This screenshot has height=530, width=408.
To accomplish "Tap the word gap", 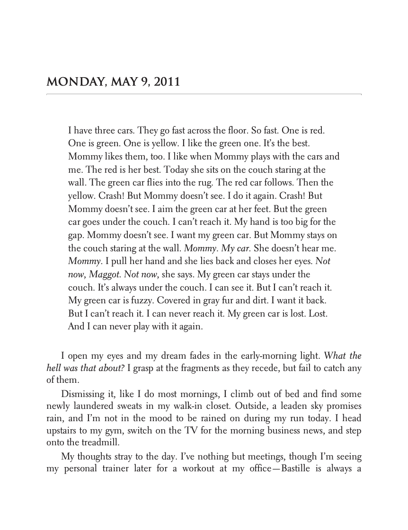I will tap(76, 235).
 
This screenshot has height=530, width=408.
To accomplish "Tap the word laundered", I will tap(96, 406).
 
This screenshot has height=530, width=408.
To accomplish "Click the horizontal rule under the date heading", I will tap(204, 95).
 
